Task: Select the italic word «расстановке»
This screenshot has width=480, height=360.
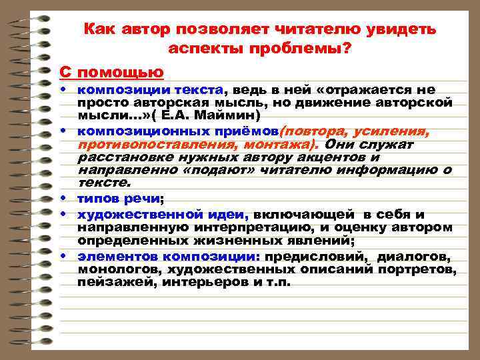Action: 123,157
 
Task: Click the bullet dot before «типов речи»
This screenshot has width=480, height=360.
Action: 69,199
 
